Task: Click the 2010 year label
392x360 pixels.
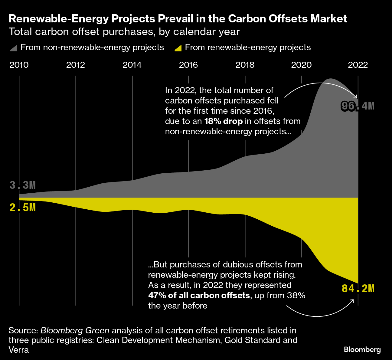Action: pos(19,65)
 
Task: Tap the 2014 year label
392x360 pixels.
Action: pos(132,65)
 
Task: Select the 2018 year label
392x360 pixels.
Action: pos(245,65)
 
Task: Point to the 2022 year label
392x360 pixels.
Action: pos(358,65)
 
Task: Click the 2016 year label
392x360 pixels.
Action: pos(188,65)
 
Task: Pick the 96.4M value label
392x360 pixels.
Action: pos(358,106)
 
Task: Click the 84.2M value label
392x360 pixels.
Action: pos(358,289)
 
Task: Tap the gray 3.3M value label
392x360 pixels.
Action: pos(23,185)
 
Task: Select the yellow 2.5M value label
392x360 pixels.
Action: pos(23,208)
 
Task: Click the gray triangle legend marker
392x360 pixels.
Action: pos(14,48)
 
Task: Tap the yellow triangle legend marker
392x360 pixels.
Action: pos(178,48)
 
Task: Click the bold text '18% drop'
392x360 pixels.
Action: pos(224,121)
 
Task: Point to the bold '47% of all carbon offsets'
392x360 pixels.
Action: pos(199,295)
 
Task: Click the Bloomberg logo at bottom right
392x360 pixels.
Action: pos(362,350)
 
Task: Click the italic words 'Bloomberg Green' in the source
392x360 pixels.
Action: pos(75,330)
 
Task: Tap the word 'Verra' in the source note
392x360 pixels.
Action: pos(19,350)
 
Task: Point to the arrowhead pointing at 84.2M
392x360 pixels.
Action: pos(352,301)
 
